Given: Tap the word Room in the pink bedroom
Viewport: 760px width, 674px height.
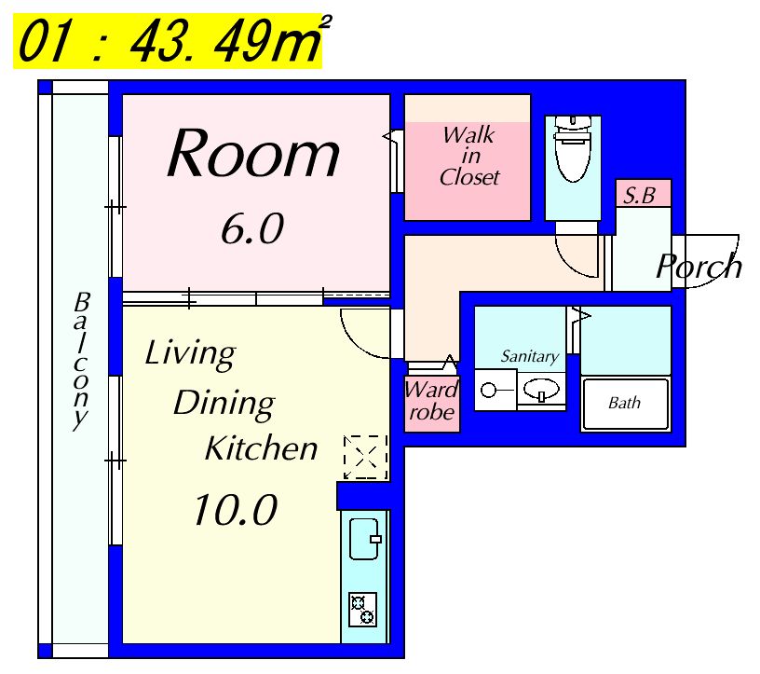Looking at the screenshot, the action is [x=253, y=154].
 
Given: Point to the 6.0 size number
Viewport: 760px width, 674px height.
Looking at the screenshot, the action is [x=252, y=229].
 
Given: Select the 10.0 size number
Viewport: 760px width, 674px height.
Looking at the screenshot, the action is [x=236, y=510].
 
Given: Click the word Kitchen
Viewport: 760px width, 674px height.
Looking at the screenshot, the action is [x=261, y=447].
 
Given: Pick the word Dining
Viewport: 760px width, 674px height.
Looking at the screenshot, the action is [x=224, y=404].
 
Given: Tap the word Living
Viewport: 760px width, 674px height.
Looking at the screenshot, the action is [x=190, y=353].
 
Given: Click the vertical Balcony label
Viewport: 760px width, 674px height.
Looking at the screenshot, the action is [x=81, y=361].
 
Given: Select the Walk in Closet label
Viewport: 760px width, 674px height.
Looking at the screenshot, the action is [x=468, y=156].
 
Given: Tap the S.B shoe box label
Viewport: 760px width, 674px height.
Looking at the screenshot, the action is [x=639, y=196].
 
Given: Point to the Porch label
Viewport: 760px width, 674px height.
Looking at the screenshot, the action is [x=699, y=266].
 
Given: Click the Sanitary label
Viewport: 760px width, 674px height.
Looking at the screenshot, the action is [x=529, y=357].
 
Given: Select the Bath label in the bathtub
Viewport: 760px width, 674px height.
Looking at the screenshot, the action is [x=624, y=403].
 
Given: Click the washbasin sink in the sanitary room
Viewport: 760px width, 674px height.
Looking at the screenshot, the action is [x=541, y=390].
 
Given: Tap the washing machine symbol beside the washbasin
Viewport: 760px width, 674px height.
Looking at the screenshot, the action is [x=495, y=390].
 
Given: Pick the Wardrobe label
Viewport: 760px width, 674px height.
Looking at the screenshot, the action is [x=431, y=401].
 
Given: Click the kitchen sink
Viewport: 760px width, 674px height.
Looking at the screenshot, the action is [x=364, y=539].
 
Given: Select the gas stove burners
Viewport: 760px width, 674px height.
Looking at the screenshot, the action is [x=362, y=610].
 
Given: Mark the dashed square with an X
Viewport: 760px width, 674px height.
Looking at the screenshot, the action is [x=365, y=457].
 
